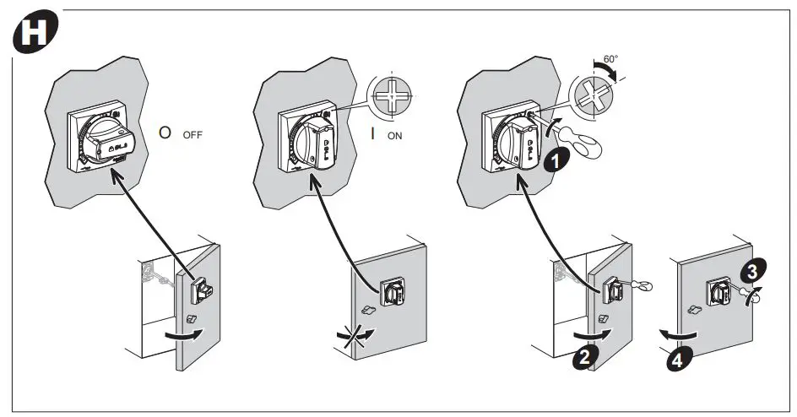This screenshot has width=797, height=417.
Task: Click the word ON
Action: point(394,133)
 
